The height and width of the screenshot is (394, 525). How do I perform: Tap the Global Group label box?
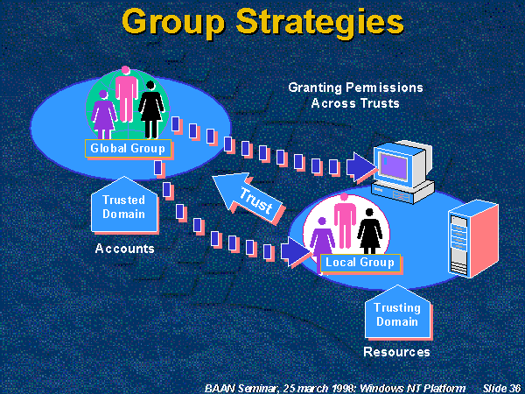(x=128, y=148)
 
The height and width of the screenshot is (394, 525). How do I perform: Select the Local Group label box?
(x=360, y=262)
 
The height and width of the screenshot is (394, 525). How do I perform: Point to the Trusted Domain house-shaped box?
(x=123, y=207)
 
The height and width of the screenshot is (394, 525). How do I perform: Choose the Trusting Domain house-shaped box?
(x=396, y=313)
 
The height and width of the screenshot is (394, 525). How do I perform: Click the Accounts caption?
(x=124, y=249)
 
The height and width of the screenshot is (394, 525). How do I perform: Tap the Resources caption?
(x=396, y=352)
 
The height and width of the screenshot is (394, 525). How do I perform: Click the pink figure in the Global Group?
(x=126, y=94)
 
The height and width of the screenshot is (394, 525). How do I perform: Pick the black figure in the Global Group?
(x=151, y=107)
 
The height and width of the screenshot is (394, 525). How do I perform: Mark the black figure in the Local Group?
(x=370, y=229)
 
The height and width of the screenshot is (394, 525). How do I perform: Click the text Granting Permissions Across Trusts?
(x=355, y=95)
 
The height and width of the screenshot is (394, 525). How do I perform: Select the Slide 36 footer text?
(x=501, y=386)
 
